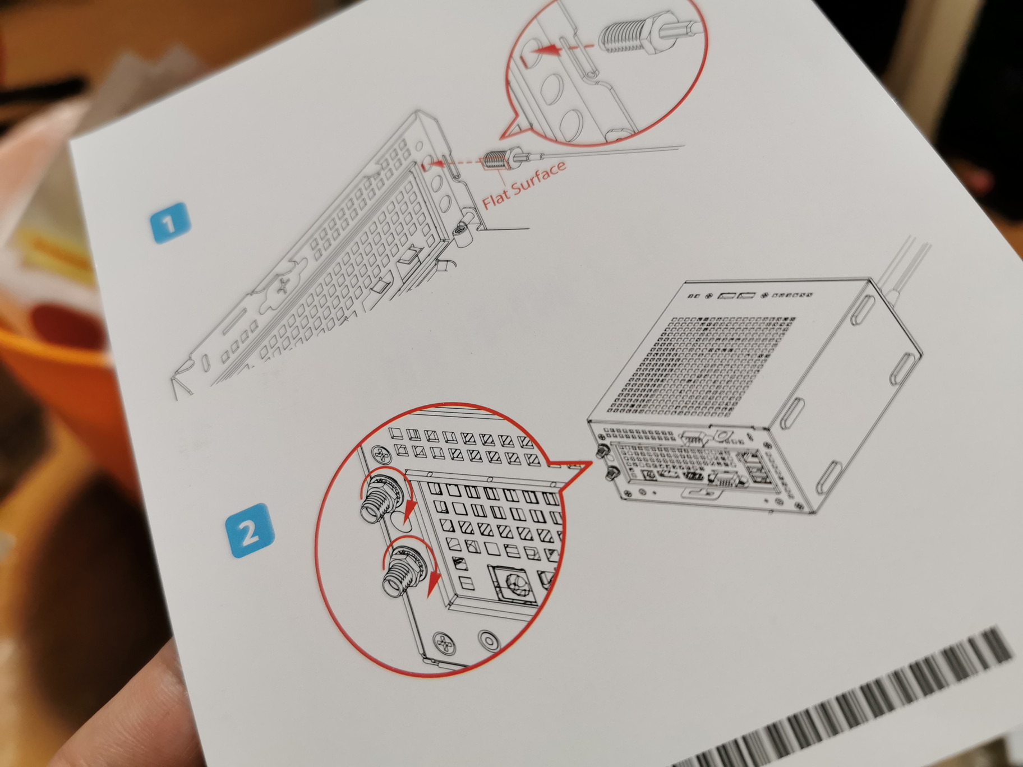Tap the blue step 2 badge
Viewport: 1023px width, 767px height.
point(250,529)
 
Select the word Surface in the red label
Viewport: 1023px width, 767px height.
point(539,177)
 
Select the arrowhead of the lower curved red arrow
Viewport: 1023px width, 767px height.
point(432,589)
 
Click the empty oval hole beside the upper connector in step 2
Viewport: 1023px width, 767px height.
point(403,521)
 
